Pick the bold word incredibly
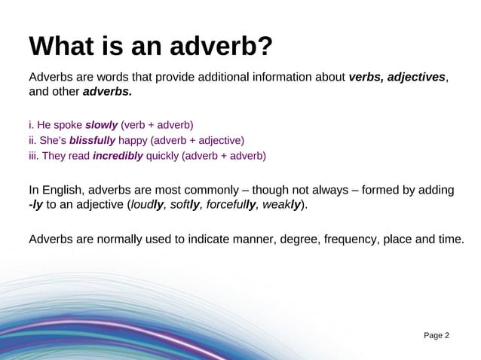point(117,156)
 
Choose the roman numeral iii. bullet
point(34,156)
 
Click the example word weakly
point(286,205)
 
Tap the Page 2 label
point(435,334)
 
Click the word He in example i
point(45,124)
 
